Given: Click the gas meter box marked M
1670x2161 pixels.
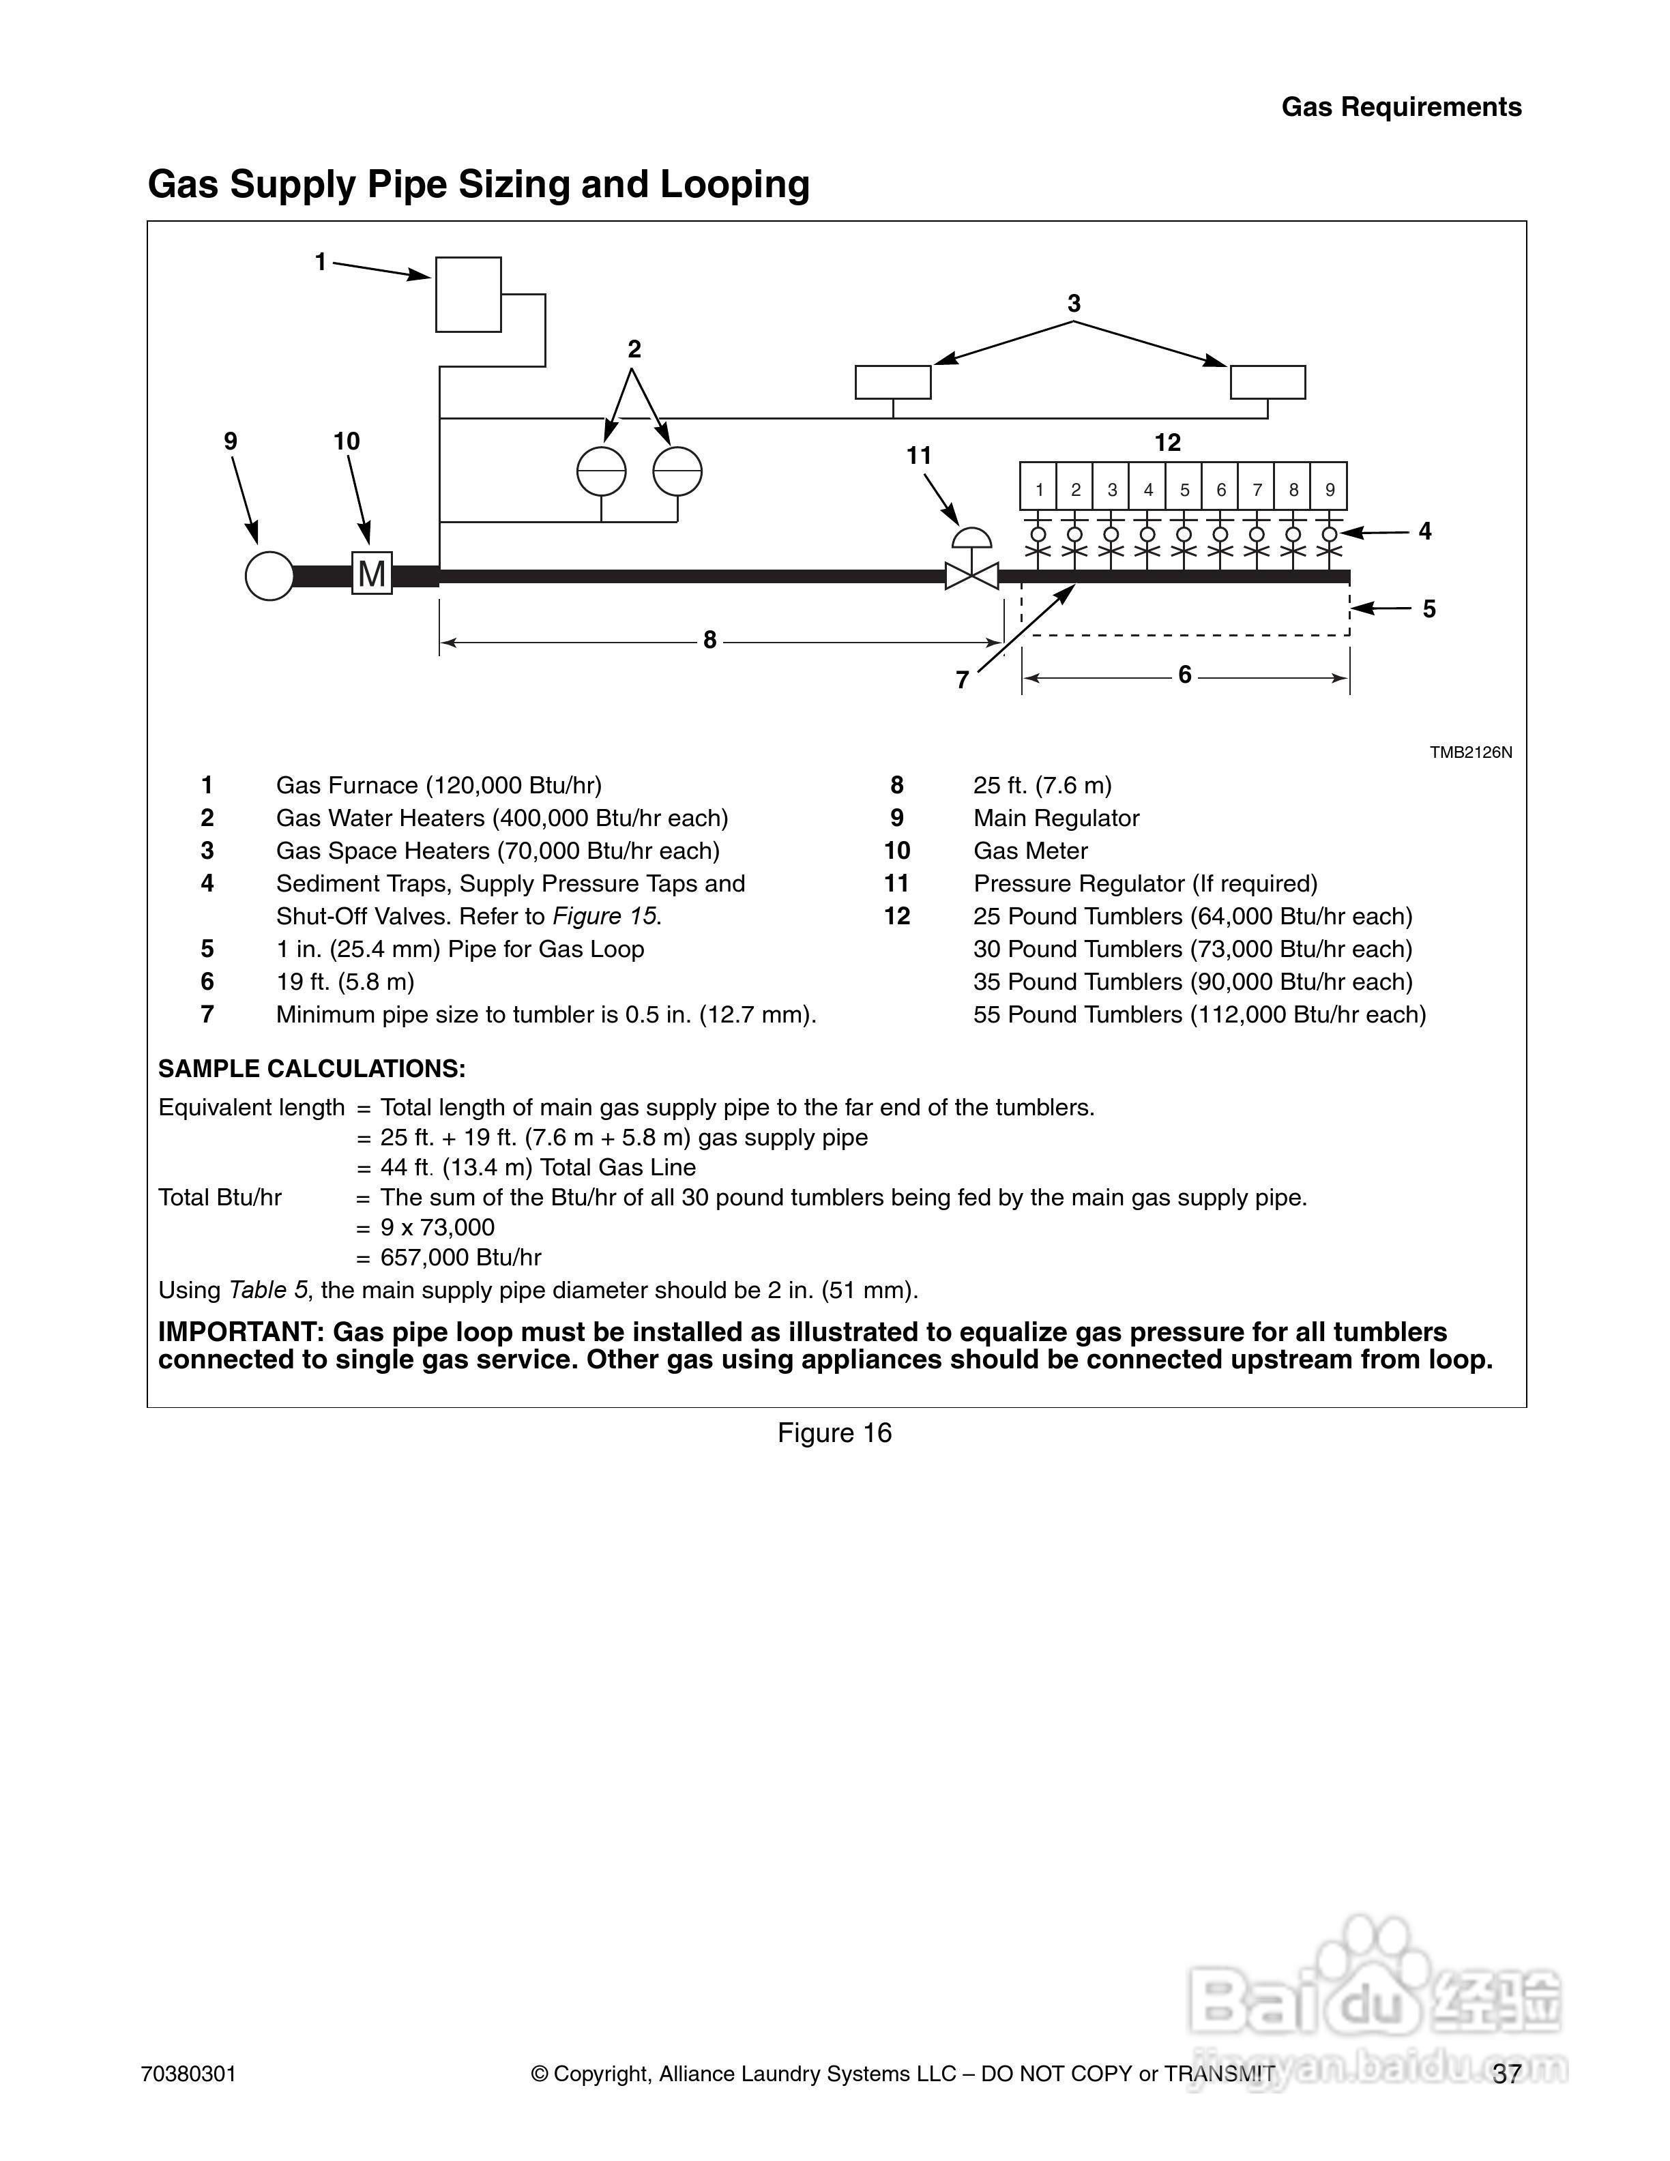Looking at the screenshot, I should pos(372,573).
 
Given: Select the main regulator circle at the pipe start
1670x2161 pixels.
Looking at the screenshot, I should pos(269,575).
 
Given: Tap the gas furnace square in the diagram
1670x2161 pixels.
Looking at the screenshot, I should pos(468,294).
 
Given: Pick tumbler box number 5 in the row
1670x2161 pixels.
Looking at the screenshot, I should pos(1184,489).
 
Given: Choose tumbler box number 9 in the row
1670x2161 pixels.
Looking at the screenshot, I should pos(1330,489).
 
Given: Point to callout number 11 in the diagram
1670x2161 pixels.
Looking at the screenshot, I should pos(919,455).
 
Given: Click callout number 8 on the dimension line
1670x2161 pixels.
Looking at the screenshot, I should pos(709,641).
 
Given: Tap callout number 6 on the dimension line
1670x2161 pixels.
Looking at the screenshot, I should pos(1184,676).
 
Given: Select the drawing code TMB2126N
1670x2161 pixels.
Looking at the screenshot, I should pos(1470,752).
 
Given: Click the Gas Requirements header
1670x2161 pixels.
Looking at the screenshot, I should pos(1401,107).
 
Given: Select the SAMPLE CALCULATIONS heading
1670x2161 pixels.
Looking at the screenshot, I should pos(312,1069).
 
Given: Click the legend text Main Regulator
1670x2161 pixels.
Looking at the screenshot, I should pos(1055,819).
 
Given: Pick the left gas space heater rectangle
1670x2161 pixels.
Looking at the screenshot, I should pos(892,382).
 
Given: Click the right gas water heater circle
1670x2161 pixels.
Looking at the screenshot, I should pos(677,471).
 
